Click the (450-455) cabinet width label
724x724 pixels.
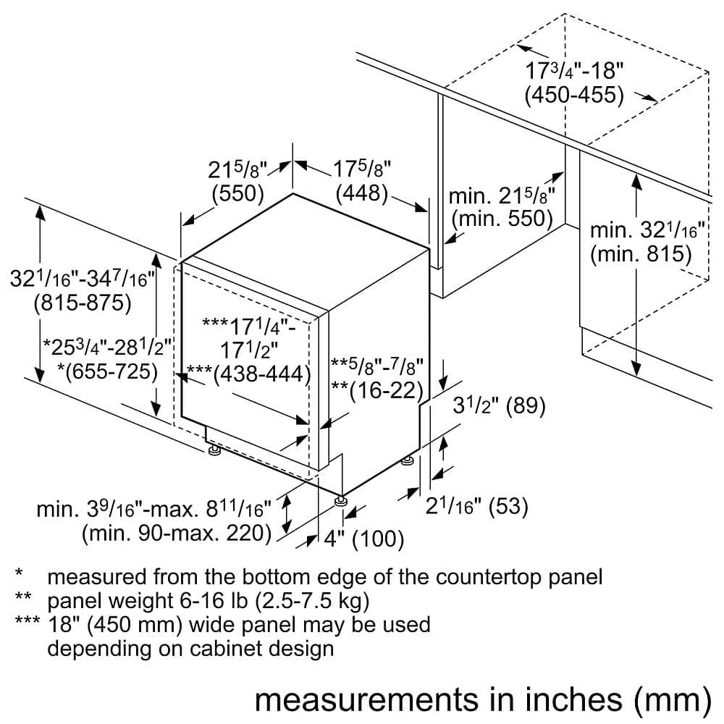pyautogui.click(x=574, y=95)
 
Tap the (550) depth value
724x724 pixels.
pyautogui.click(x=237, y=194)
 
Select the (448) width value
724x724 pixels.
pyautogui.click(x=361, y=194)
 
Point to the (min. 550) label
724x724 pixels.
pyautogui.click(x=502, y=218)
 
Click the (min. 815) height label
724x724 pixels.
pyautogui.click(x=641, y=254)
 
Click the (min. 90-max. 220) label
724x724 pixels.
pyautogui.click(x=176, y=534)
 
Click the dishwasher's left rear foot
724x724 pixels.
pyautogui.click(x=214, y=452)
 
